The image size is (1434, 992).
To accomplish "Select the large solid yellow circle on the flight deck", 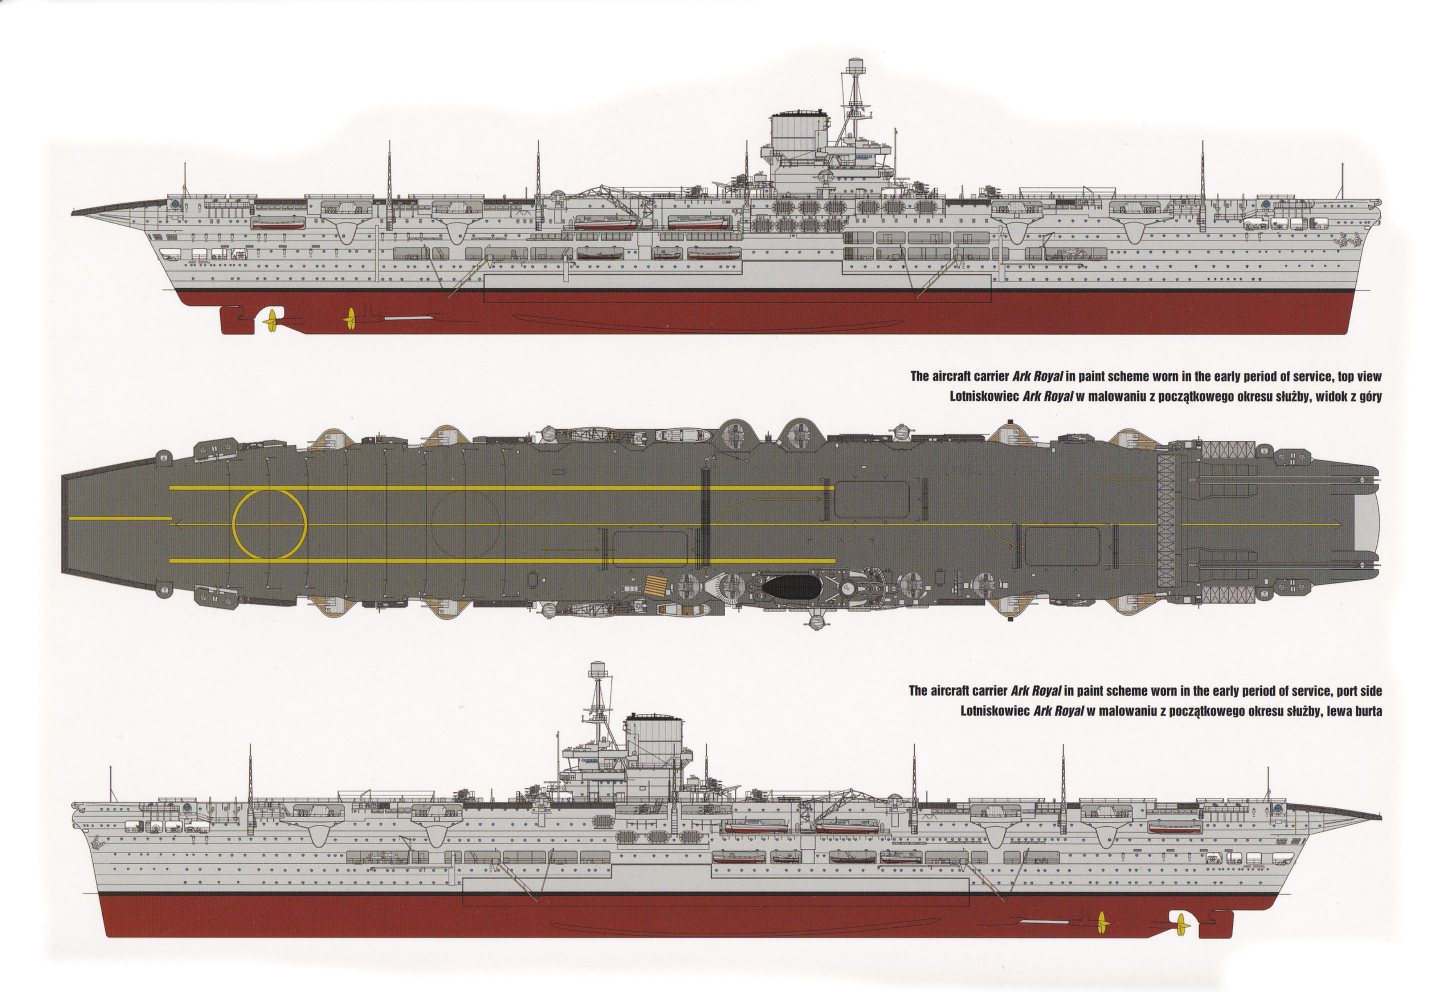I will click(269, 523).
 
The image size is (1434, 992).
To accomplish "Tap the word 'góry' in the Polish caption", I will click(1369, 397).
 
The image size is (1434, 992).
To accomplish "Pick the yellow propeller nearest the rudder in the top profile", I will click(271, 320).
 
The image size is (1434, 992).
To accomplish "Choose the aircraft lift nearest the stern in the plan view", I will click(650, 549).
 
